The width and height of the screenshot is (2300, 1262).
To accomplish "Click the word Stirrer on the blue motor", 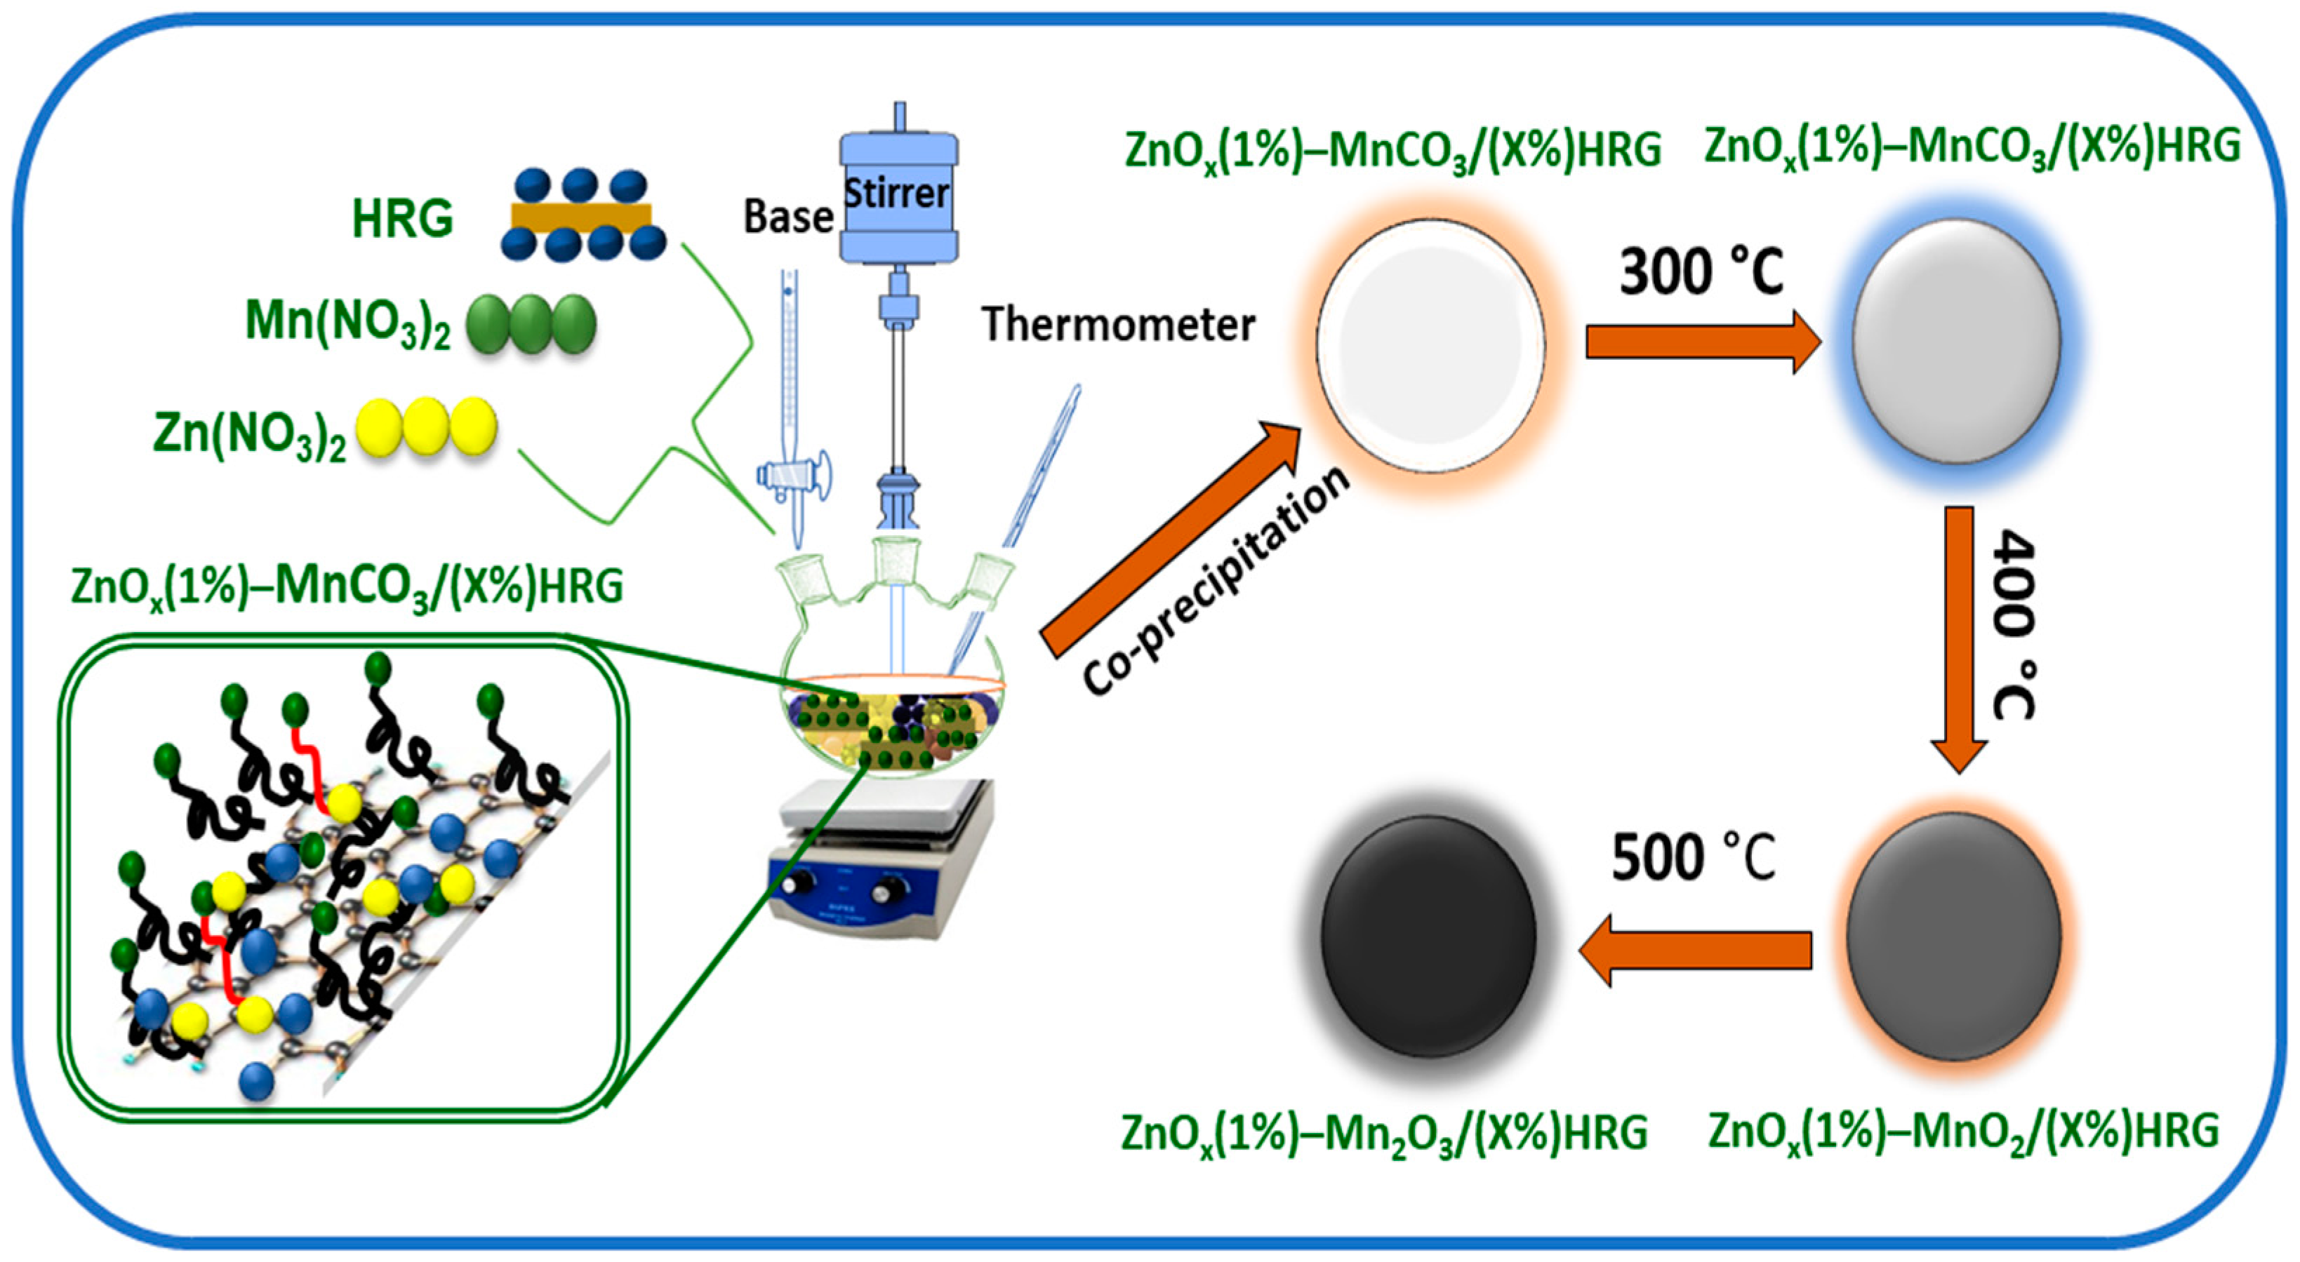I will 896,194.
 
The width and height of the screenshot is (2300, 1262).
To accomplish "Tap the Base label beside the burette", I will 788,217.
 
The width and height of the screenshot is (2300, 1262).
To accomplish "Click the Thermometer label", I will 1119,324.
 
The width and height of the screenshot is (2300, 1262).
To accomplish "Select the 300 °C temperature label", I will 1701,272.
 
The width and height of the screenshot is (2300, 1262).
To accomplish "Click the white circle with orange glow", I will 1430,347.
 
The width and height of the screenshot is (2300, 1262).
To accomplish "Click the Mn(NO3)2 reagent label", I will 347,324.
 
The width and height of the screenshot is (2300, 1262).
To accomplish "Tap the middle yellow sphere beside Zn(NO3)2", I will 426,429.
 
